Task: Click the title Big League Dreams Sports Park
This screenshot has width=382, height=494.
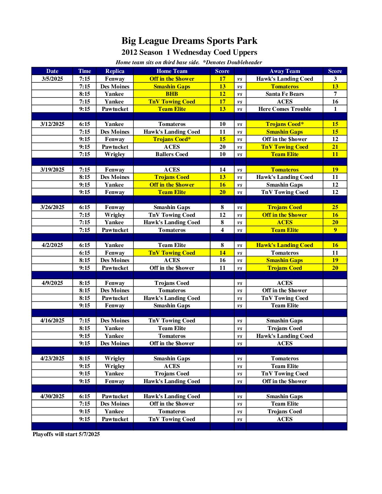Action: (x=189, y=41)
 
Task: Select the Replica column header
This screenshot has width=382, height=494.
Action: (x=115, y=71)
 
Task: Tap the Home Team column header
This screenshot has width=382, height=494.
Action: (x=172, y=71)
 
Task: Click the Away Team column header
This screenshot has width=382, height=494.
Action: (x=284, y=71)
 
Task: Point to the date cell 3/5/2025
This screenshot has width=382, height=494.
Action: (x=52, y=79)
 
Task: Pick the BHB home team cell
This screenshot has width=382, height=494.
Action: (x=172, y=94)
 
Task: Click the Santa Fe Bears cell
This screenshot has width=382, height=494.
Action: (x=284, y=94)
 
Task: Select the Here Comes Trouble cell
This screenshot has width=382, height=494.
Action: (x=284, y=109)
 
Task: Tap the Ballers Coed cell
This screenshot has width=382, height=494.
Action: (x=172, y=154)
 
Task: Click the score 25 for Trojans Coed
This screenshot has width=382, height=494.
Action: (x=335, y=207)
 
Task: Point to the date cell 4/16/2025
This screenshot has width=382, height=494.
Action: (x=52, y=321)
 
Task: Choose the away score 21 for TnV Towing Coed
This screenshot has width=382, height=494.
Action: (x=335, y=147)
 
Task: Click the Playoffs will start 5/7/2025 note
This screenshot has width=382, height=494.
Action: (x=66, y=434)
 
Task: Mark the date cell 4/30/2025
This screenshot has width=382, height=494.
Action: (x=52, y=396)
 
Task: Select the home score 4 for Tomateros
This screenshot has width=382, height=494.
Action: (x=222, y=230)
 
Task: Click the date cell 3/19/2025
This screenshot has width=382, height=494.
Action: (x=52, y=170)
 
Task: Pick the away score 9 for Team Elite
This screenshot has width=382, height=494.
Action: (x=335, y=230)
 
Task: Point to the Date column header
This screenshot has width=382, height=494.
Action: (x=52, y=71)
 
